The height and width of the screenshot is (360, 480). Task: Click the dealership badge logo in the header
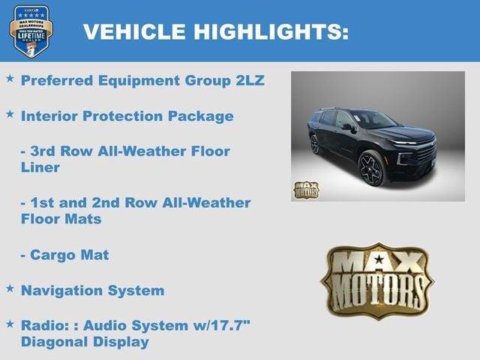[31, 31]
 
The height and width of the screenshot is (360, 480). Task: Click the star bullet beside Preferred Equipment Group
[10, 79]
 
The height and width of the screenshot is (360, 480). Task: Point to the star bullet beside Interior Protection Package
[10, 114]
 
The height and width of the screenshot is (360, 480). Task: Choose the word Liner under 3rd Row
[40, 166]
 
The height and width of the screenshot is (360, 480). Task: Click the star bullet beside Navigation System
[10, 288]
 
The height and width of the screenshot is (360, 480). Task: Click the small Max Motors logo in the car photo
[306, 189]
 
